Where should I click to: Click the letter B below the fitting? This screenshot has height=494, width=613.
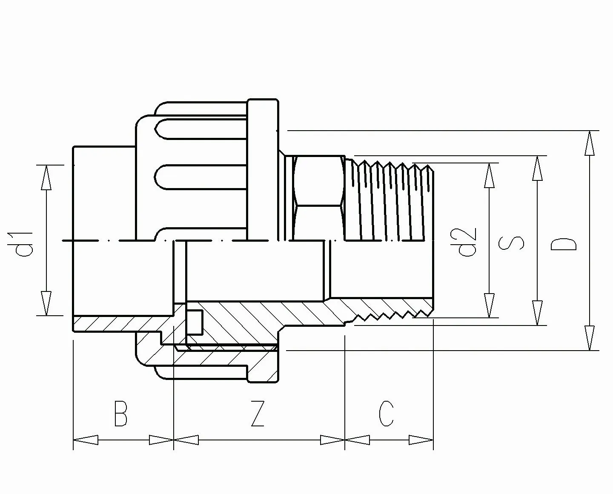coord(120,414)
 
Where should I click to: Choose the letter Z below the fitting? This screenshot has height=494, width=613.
coord(258,414)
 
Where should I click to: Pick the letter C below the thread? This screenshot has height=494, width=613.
coord(386,414)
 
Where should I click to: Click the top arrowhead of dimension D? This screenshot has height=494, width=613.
coord(589,143)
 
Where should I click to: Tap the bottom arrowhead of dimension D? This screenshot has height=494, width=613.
coord(589,338)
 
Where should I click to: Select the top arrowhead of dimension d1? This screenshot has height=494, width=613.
coord(46,177)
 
